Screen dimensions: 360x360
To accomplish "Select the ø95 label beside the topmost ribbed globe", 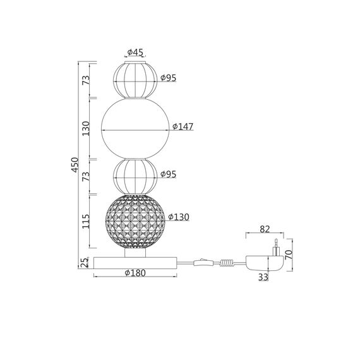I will click(x=168, y=78).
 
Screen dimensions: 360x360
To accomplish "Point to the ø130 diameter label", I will click(x=180, y=217).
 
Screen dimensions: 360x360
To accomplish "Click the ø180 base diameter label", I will click(x=135, y=273).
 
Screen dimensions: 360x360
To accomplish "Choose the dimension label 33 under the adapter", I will click(x=263, y=275).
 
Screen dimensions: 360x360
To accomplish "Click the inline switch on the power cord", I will click(x=201, y=260).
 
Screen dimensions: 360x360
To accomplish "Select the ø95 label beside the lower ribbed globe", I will click(x=168, y=174).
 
